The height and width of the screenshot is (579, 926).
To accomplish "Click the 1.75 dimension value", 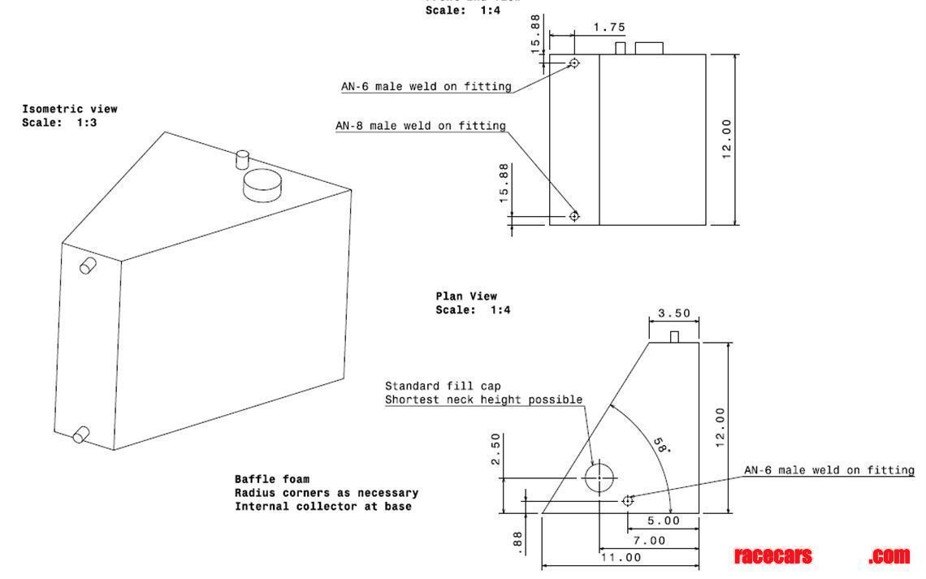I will click(x=608, y=28).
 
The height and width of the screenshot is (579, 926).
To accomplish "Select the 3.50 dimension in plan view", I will click(x=673, y=313).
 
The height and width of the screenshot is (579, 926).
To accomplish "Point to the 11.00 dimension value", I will click(x=621, y=558).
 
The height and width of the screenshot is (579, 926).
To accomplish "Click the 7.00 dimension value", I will click(x=648, y=540).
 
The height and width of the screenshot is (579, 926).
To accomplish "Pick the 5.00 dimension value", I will click(x=663, y=521).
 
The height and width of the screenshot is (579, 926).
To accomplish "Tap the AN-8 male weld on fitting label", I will click(x=420, y=126).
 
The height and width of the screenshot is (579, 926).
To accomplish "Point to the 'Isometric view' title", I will click(x=70, y=109).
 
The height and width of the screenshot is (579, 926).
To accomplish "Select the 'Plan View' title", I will click(x=466, y=296).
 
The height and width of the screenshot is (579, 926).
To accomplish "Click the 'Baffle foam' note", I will click(x=272, y=479).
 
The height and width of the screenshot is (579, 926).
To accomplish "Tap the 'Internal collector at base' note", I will click(x=323, y=507).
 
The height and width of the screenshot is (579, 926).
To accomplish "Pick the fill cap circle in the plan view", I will click(x=599, y=477).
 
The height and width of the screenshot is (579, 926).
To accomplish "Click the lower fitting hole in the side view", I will click(x=574, y=216).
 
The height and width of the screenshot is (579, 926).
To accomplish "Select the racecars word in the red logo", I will click(x=772, y=556).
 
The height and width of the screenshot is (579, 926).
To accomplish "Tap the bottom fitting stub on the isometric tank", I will click(x=81, y=436).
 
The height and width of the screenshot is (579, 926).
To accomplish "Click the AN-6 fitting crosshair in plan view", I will click(x=627, y=501).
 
